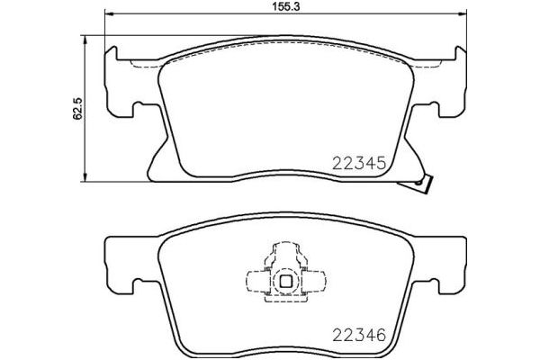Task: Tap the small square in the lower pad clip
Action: tap(285, 279)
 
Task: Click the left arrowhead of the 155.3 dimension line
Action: tap(109, 13)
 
